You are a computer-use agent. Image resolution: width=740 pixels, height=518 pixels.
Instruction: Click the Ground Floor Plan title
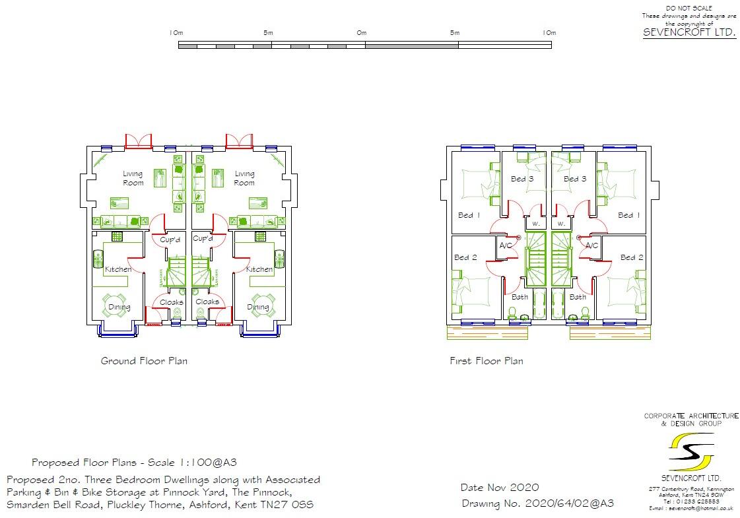coord(143,361)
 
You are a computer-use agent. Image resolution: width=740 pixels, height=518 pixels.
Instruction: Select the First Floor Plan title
coord(486,361)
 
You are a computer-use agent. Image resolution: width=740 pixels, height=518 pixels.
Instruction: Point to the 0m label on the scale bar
coord(362,32)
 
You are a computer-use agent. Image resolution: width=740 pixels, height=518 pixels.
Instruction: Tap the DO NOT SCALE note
coord(689,7)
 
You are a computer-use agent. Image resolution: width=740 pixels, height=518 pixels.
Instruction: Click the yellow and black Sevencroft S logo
coord(690,451)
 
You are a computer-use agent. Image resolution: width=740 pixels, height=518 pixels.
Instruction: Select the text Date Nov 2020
coord(499,488)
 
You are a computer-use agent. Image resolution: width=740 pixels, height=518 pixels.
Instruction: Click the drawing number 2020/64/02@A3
coord(569,503)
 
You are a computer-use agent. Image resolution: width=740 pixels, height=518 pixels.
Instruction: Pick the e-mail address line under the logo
coord(691,509)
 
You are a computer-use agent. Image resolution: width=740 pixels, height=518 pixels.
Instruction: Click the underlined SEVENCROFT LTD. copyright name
coord(689,32)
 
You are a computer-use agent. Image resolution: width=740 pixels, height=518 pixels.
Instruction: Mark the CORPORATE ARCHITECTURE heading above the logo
coord(691,416)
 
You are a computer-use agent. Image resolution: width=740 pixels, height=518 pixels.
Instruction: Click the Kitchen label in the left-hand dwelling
coord(118,269)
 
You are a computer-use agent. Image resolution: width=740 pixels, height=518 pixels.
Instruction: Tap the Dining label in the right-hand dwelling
coord(258,307)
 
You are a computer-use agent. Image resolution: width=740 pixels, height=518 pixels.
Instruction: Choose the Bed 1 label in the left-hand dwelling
coord(469,215)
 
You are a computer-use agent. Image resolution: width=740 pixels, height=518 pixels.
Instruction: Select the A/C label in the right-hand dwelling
coord(591,245)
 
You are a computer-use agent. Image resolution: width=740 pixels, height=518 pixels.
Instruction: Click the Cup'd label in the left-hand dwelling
coord(170,240)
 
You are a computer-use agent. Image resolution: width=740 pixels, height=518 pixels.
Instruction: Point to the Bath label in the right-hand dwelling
coord(578,297)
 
